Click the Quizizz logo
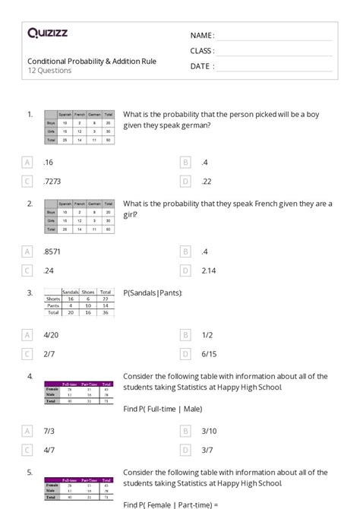coord(48,33)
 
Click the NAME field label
coord(202,36)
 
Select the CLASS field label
coord(202,51)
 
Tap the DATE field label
coord(201,66)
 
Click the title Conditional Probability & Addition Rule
coord(92,61)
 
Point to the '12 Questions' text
coord(49,71)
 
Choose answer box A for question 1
coord(28,162)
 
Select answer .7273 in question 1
coord(53,181)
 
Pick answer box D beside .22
coord(185,181)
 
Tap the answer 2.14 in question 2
coord(210,270)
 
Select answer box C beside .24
coord(28,270)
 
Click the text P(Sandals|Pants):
coord(153,292)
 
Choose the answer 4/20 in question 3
coord(52,335)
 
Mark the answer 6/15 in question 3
coord(210,354)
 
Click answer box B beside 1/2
coord(185,335)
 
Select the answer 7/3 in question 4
coord(49,431)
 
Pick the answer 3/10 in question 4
coord(210,431)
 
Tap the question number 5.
coord(30,471)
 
